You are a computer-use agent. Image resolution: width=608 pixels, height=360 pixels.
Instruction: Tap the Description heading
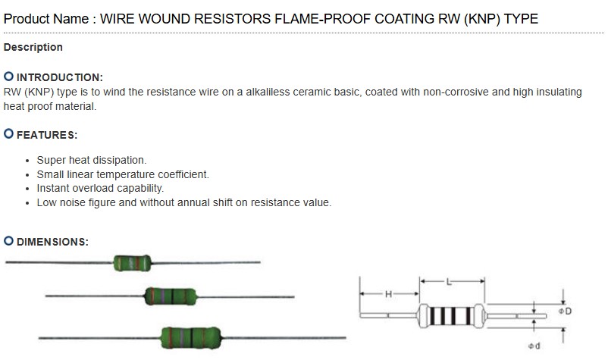coord(33,47)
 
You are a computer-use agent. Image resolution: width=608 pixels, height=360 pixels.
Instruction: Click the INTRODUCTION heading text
coord(59,77)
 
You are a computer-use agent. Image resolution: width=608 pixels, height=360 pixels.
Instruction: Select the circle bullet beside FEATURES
coord(8,134)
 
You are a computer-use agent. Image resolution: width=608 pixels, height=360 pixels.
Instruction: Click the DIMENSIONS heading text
coord(52,242)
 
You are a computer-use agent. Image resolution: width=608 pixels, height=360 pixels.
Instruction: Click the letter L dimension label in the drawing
coord(449,282)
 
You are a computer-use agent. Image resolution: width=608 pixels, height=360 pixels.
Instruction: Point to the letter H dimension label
coord(388,294)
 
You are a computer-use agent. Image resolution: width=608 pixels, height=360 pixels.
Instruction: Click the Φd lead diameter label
coord(533,347)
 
